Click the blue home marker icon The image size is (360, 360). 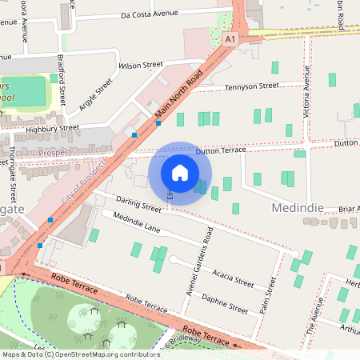click(180, 173)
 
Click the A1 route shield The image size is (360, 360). click(231, 38)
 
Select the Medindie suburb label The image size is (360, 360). click(298, 208)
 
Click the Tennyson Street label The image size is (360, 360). click(252, 86)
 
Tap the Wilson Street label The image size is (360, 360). click(140, 65)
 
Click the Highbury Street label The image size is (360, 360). click(53, 127)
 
